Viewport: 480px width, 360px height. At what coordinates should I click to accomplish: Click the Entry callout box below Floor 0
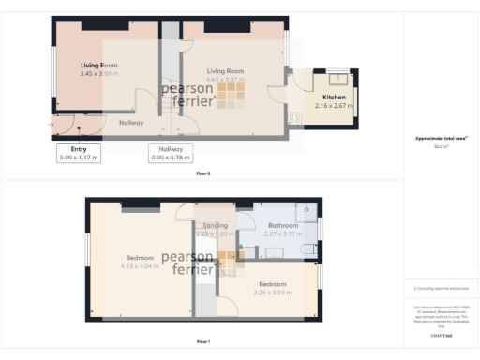[79, 154]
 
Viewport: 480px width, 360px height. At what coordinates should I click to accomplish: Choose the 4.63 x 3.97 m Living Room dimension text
[225, 81]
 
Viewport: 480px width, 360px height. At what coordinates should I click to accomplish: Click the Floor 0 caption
[203, 174]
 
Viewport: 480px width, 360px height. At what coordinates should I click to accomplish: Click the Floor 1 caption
[203, 341]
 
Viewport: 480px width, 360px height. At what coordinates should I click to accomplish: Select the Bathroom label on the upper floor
[282, 225]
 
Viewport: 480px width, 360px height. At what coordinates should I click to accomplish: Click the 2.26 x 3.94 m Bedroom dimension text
[273, 292]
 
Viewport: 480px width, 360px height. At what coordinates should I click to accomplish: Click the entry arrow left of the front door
[51, 124]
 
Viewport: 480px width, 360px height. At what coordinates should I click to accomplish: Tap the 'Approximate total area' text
[441, 139]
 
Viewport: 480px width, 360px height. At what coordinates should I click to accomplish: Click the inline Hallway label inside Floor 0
[131, 122]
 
